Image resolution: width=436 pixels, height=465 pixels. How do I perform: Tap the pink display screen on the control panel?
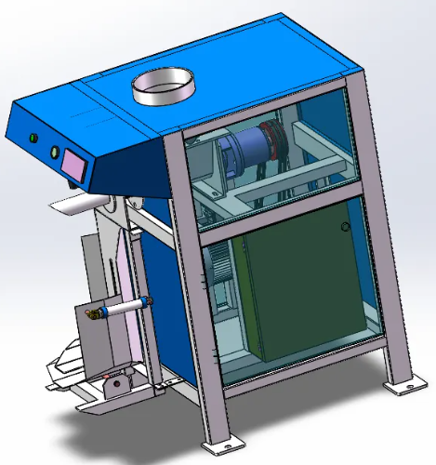[x=73, y=164]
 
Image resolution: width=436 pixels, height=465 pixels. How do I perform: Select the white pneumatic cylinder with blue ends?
[x=121, y=306]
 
